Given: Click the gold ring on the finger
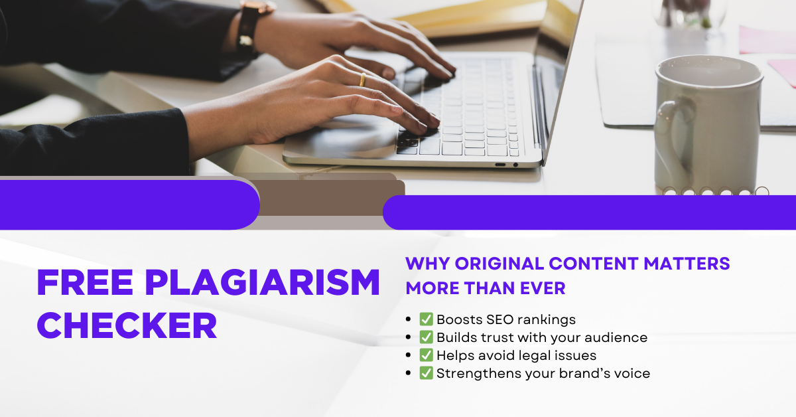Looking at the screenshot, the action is tap(362, 80).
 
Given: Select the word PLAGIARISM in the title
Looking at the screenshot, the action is tap(263, 282).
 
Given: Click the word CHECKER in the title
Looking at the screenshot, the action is tap(127, 325).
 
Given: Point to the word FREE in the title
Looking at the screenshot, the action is tap(85, 282).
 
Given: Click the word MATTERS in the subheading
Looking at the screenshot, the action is tap(687, 264).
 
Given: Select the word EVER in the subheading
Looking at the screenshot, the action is tap(543, 288).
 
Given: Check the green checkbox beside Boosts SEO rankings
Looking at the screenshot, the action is tap(426, 319).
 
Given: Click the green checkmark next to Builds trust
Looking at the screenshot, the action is tap(426, 337).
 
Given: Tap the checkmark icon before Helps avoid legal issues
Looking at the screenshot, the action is tap(426, 355).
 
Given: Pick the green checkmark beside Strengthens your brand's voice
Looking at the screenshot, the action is tap(426, 373).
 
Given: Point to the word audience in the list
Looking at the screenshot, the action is tap(616, 337).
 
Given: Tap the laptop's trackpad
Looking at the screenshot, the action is tap(342, 138).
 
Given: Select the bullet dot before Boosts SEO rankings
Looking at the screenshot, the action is tap(408, 319).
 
